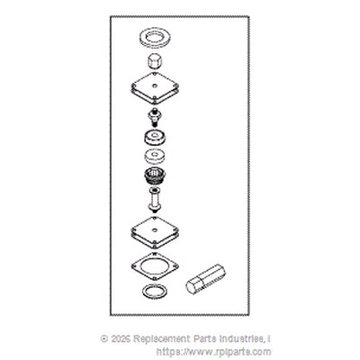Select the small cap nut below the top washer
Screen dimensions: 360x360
(x=155, y=61)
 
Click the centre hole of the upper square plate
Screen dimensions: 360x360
(x=155, y=85)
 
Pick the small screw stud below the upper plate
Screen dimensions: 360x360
(x=155, y=118)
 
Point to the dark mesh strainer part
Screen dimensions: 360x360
(x=155, y=175)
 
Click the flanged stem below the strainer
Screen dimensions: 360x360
(x=155, y=200)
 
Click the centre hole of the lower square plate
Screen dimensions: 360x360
(x=155, y=230)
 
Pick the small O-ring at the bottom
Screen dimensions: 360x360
(x=145, y=291)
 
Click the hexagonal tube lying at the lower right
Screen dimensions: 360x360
(x=206, y=279)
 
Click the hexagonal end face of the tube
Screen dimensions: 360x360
(x=193, y=287)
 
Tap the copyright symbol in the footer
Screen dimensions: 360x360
(x=104, y=339)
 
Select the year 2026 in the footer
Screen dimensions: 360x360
(x=121, y=339)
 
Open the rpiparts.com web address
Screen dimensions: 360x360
(x=213, y=352)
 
